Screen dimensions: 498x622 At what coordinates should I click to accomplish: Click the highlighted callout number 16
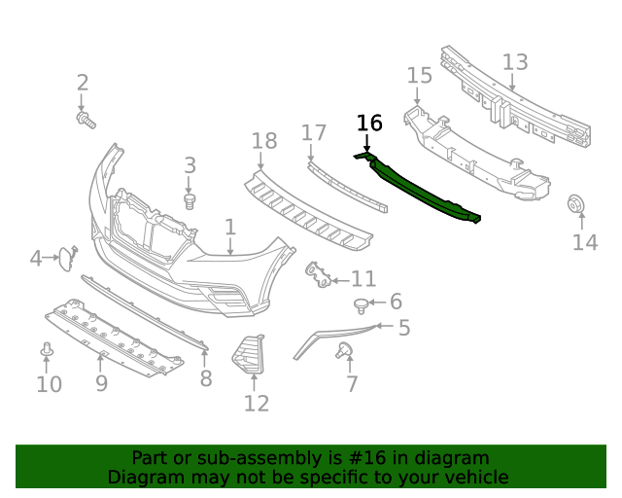369,123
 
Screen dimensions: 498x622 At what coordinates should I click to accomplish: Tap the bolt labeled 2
85,120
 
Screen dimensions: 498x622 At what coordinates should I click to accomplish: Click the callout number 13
515,62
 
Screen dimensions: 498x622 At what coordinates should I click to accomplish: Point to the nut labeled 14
574,205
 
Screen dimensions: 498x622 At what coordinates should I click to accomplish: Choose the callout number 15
419,76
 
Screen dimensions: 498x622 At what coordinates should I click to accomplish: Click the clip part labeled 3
190,200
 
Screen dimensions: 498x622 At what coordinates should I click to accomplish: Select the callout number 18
264,142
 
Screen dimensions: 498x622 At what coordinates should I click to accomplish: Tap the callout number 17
313,132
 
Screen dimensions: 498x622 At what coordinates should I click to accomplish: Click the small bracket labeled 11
317,275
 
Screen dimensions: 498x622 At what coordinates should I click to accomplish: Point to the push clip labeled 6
363,306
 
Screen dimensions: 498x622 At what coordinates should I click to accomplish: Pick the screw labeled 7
343,351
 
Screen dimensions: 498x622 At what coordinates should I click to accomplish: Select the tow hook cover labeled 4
64,258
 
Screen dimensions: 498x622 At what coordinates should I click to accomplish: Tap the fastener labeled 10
46,349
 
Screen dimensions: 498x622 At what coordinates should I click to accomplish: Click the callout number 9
101,384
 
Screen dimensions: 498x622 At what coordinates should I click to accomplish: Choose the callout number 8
205,378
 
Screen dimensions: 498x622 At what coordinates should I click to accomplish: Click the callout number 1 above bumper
230,228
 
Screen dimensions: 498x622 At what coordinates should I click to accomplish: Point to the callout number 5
403,329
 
